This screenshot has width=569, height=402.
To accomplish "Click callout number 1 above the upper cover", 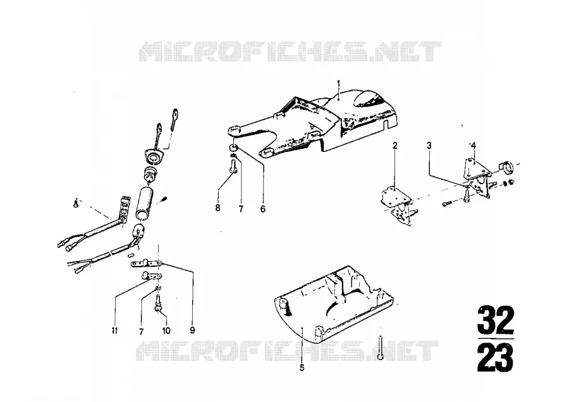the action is pyautogui.click(x=338, y=82).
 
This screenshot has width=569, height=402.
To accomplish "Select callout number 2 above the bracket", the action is pyautogui.click(x=395, y=146).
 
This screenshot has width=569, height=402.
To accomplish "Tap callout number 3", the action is pyautogui.click(x=429, y=146).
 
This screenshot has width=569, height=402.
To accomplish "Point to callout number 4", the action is pyautogui.click(x=473, y=146).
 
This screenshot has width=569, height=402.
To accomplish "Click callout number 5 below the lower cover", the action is pyautogui.click(x=302, y=368).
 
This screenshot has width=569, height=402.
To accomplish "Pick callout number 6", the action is pyautogui.click(x=263, y=209).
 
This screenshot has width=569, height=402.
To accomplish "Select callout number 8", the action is pyautogui.click(x=217, y=208).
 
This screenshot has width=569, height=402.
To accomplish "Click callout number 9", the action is pyautogui.click(x=192, y=330).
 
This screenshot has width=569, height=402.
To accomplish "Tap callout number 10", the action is pyautogui.click(x=166, y=330).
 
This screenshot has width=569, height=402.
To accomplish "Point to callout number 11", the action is pyautogui.click(x=114, y=330).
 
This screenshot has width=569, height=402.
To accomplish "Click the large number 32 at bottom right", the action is pyautogui.click(x=496, y=320).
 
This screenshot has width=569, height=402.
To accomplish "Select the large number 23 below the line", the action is pyautogui.click(x=496, y=358).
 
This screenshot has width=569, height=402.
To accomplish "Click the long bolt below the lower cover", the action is pyautogui.click(x=380, y=347).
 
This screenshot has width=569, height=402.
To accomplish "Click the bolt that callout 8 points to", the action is pyautogui.click(x=233, y=168).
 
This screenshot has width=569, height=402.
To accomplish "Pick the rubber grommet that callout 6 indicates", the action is pyautogui.click(x=233, y=148).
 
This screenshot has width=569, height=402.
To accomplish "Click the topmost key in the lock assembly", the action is pyautogui.click(x=175, y=118).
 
